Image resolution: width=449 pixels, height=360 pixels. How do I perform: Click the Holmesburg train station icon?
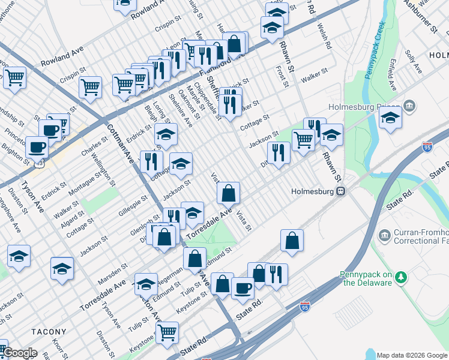click(x=340, y=191)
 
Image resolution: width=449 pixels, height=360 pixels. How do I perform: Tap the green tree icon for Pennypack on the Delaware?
click(x=401, y=277)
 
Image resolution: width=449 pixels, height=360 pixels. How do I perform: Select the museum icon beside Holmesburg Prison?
click(x=410, y=106)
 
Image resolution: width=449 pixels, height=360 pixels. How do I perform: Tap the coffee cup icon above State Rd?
click(x=243, y=288)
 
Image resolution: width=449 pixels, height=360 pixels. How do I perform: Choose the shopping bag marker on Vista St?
click(x=228, y=193)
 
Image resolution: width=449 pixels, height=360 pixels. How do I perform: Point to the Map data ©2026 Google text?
click(x=412, y=355)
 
